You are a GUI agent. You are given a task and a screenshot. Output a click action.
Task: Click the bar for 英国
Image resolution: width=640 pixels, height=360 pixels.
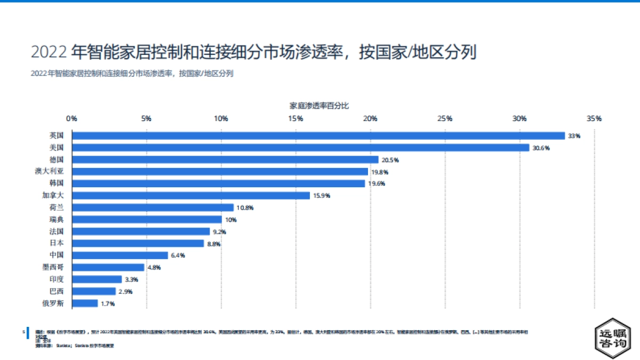point(318,136)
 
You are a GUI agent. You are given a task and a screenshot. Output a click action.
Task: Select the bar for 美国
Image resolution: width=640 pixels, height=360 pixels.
point(300,148)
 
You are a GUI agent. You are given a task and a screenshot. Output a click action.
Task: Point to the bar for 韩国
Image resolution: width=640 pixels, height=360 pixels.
point(218,183)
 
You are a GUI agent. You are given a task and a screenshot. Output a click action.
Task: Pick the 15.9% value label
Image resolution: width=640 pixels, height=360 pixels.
point(321,196)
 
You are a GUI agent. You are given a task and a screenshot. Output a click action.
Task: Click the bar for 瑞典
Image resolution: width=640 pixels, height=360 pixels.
point(147,220)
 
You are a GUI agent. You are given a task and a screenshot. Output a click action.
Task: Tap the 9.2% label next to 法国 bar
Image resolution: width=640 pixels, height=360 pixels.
point(220,232)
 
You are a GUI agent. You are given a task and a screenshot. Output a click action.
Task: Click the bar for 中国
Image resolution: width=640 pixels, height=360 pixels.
point(120,255)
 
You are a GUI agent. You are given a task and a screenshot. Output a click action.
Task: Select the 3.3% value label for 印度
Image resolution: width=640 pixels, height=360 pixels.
point(132,279)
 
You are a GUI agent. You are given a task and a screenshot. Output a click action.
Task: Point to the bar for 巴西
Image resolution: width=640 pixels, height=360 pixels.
point(94,291)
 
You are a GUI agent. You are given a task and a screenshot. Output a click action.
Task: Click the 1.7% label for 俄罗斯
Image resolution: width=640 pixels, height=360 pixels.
point(108,303)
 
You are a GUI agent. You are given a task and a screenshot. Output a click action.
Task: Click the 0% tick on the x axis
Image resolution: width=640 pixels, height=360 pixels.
point(71,118)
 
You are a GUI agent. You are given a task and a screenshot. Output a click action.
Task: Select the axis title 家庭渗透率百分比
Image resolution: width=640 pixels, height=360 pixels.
point(319,106)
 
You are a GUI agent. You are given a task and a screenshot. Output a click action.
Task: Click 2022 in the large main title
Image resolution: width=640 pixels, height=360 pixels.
point(49,52)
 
